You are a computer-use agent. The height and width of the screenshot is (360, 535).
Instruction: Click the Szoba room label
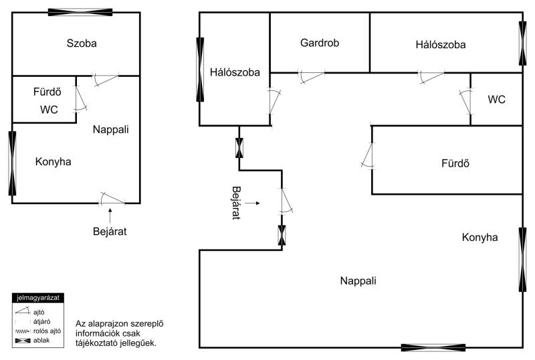click(82, 43)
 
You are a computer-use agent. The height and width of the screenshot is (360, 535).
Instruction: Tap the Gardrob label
click(320, 43)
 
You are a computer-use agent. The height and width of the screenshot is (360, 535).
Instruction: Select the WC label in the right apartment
click(496, 100)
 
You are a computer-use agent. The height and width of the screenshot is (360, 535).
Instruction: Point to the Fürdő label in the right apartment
click(455, 163)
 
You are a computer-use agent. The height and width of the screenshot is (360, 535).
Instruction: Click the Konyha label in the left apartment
click(53, 161)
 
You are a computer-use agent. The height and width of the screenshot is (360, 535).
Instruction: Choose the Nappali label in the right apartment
click(358, 281)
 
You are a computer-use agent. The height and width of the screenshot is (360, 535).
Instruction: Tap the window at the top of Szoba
click(80, 12)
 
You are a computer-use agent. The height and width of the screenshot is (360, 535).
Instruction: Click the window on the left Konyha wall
click(12, 163)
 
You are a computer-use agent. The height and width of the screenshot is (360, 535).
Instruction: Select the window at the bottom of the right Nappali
click(433, 348)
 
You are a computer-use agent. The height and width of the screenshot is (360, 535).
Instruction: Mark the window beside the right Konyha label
click(522, 260)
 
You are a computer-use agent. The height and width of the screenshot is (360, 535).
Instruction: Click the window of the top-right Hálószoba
click(522, 43)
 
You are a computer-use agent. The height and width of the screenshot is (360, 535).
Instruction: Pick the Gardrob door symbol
click(312, 76)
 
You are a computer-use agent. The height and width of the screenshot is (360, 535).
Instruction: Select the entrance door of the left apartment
click(112, 199)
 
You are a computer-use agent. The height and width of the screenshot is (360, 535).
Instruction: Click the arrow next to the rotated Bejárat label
click(253, 203)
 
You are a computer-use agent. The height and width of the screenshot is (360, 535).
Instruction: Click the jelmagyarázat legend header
click(38, 298)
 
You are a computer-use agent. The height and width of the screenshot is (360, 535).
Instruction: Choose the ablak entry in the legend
click(32, 341)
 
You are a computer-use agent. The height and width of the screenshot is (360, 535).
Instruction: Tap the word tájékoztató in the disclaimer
click(97, 343)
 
